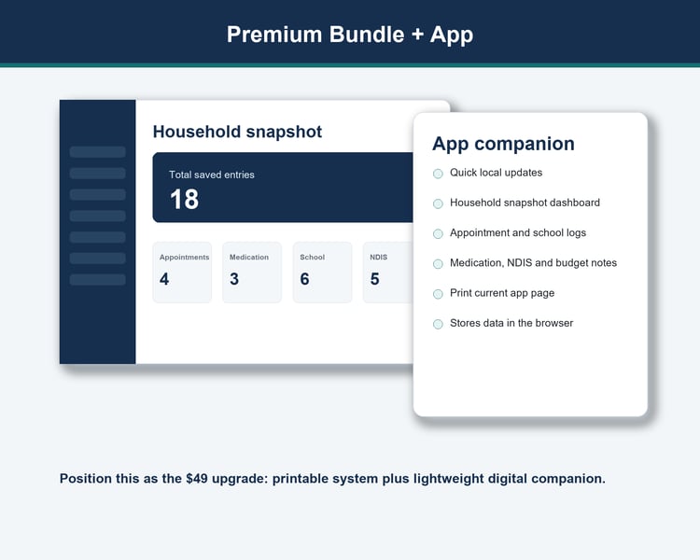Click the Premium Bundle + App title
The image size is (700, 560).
350,35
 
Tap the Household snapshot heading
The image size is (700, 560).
237,132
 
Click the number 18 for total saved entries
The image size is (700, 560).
185,199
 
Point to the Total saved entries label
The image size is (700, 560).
212,175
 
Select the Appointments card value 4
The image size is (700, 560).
164,279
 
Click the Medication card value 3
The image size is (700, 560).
234,279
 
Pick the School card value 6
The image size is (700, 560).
304,279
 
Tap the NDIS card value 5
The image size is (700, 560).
374,279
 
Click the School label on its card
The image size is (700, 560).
312,258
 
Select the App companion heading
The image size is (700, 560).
503,144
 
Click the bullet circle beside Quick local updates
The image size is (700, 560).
438,174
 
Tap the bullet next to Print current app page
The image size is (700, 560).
438,294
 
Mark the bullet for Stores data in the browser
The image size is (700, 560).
438,324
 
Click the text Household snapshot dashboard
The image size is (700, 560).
525,203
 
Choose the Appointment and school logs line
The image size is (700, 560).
518,232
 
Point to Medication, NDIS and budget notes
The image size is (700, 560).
533,262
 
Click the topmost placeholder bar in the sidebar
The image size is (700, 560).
97,152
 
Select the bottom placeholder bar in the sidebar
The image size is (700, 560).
97,280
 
